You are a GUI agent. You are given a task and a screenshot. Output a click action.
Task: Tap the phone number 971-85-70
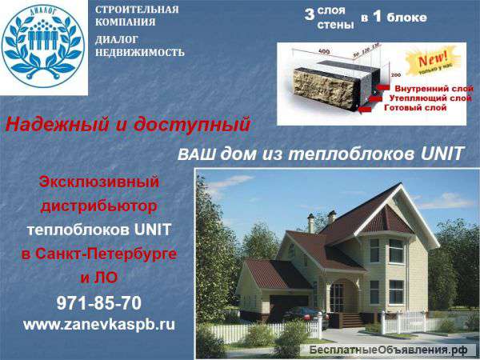99,303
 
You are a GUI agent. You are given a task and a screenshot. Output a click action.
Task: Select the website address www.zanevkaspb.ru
99,325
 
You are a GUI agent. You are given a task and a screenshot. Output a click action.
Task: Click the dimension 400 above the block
323,51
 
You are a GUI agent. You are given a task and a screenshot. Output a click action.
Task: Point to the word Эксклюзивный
99,182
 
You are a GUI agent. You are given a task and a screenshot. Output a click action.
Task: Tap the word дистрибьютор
99,206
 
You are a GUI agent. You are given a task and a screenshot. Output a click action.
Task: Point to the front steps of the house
352,320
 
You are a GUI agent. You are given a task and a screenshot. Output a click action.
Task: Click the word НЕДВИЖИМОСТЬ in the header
139,53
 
